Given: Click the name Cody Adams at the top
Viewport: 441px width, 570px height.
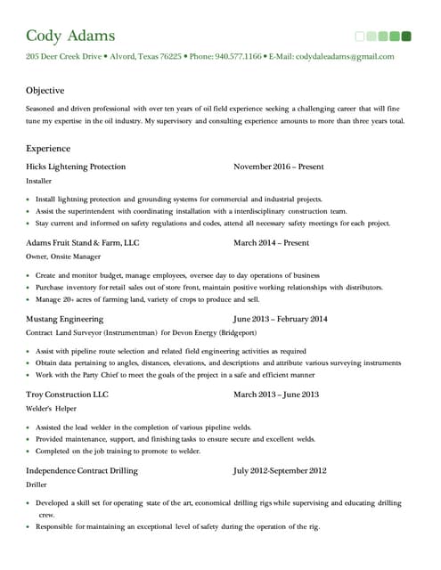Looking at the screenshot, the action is [x=70, y=36].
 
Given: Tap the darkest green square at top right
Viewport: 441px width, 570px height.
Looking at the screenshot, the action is [x=406, y=37].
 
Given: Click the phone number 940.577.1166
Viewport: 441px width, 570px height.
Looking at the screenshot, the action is [x=239, y=56].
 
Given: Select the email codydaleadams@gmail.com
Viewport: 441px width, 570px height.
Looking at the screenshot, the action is [x=344, y=56].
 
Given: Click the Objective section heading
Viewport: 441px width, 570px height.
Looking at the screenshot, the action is [x=45, y=91].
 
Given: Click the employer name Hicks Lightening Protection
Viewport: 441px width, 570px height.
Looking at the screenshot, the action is [x=76, y=167].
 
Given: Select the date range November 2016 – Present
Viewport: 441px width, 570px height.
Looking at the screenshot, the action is [x=279, y=167].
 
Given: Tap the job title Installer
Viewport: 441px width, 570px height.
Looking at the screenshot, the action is [x=39, y=181].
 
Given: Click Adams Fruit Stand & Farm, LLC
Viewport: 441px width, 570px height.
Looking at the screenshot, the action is [x=83, y=242].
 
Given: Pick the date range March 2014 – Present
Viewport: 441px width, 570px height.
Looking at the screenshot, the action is [x=271, y=242].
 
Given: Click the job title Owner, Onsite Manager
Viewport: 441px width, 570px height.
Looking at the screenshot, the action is [x=63, y=256].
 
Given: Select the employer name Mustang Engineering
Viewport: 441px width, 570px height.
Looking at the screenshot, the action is [x=65, y=318].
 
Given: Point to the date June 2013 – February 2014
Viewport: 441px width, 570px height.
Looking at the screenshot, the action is [x=280, y=318].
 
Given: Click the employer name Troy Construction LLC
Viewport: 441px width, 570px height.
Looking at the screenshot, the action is [x=67, y=394].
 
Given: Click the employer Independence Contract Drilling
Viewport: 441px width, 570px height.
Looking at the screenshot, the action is [x=82, y=469].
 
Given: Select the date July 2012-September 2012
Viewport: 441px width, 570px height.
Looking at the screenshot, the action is [x=280, y=469].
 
